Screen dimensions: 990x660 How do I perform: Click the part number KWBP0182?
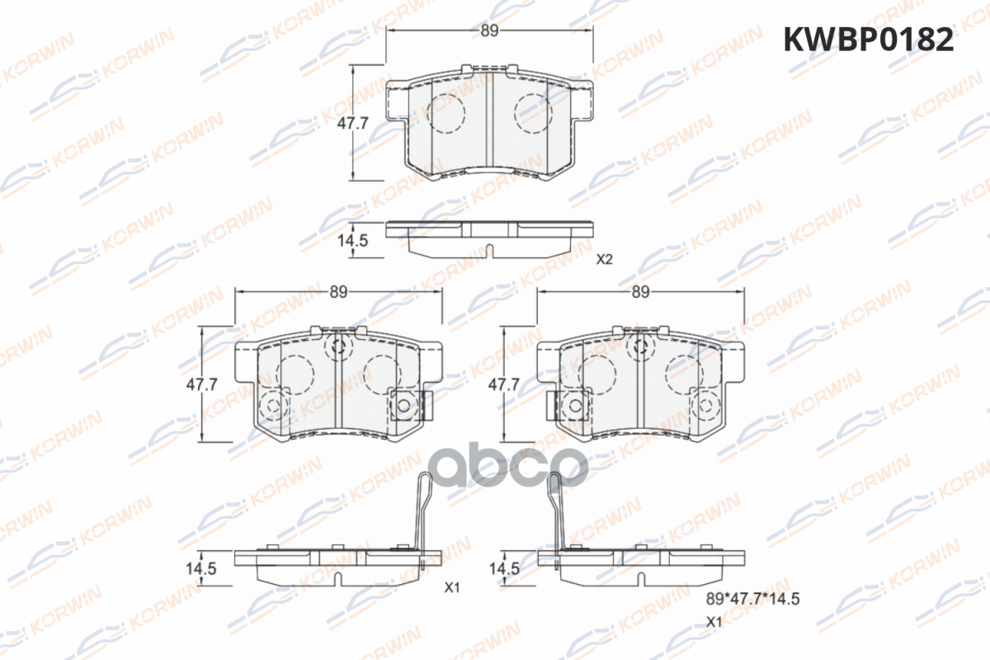pyautogui.click(x=869, y=40)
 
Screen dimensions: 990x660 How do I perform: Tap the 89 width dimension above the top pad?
pyautogui.click(x=489, y=31)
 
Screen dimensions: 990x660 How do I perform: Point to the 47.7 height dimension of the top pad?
pyautogui.click(x=352, y=123)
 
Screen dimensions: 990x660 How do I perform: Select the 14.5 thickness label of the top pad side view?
pyautogui.click(x=352, y=240)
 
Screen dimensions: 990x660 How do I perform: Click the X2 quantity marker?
pyautogui.click(x=604, y=260)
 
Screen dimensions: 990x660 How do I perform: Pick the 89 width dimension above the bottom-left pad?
pyautogui.click(x=338, y=292)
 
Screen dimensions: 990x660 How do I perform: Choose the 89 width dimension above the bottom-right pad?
pyautogui.click(x=640, y=292)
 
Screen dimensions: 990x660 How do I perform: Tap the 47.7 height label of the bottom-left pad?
pyautogui.click(x=201, y=384)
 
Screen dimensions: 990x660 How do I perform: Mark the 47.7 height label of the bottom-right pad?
pyautogui.click(x=503, y=384)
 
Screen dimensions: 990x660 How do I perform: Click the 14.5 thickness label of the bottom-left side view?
pyautogui.click(x=201, y=568)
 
